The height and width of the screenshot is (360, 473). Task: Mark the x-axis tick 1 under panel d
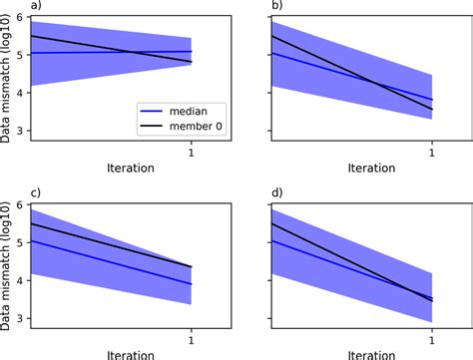(x=432, y=340)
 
